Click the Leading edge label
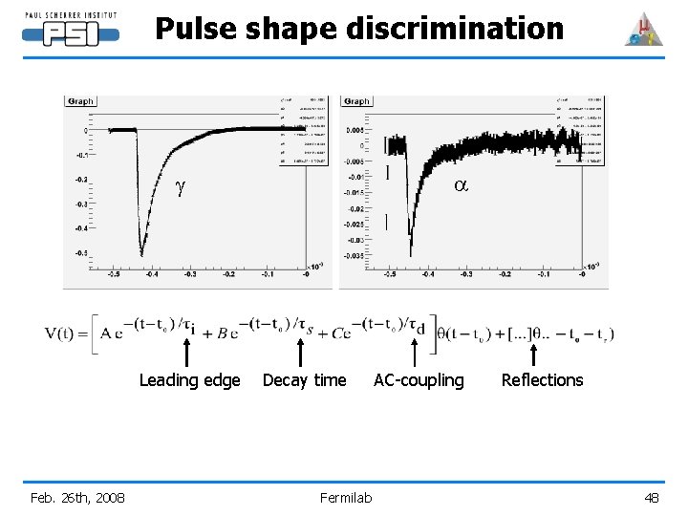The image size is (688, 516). point(189,380)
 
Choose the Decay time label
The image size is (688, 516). point(304,380)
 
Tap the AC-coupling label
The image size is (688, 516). point(419,380)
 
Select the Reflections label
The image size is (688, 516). point(542,380)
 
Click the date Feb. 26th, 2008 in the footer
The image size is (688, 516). point(77,497)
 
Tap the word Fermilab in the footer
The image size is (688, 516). point(346,497)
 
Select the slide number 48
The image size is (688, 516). point(652,497)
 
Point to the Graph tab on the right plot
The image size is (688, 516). point(356,101)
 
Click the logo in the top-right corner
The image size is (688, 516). point(643,30)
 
